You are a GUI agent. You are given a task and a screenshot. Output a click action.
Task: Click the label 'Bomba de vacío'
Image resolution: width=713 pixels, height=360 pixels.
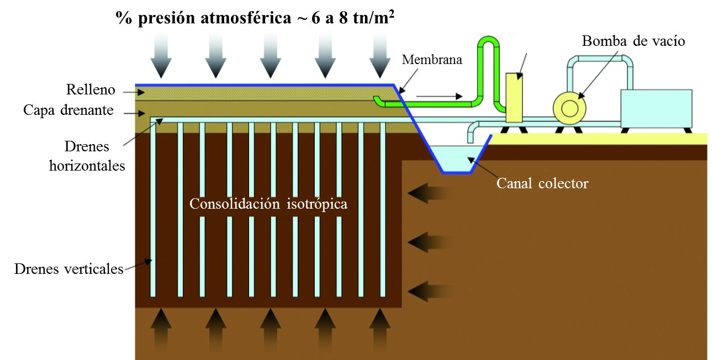pyautogui.click(x=633, y=41)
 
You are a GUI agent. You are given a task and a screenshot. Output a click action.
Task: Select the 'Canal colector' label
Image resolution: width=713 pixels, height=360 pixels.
pyautogui.click(x=542, y=183)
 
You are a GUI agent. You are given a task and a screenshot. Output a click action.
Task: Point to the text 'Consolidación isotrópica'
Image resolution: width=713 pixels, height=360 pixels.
pyautogui.click(x=268, y=204)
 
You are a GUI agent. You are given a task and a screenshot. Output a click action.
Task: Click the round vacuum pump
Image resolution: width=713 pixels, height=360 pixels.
pyautogui.click(x=568, y=108)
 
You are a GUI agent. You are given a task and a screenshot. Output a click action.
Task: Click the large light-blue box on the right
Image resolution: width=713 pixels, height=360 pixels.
pyautogui.click(x=656, y=108)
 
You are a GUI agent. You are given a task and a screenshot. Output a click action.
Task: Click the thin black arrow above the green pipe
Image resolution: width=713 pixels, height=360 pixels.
pyautogui.click(x=439, y=96)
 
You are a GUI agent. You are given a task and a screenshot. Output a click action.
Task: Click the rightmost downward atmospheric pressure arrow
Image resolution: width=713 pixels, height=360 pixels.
pyautogui.click(x=380, y=55)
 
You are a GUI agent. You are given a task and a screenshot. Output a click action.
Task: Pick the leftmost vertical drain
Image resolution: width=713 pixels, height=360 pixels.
pyautogui.click(x=152, y=210)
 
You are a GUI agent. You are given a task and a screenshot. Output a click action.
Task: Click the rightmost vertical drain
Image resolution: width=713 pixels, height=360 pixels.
pyautogui.click(x=382, y=210)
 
